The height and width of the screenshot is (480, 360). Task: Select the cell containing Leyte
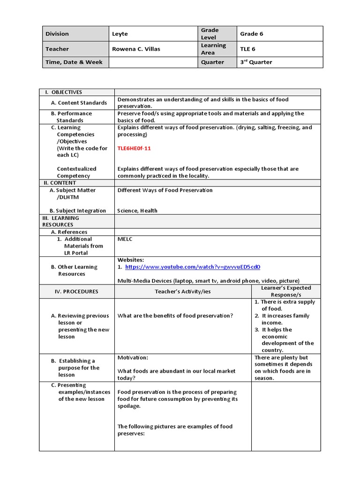tap(120, 34)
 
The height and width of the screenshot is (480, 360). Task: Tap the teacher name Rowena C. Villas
tap(136, 49)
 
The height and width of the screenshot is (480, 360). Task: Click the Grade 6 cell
tap(252, 34)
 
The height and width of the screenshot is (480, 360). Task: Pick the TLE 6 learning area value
tap(248, 49)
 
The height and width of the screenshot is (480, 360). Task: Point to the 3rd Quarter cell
tap(256, 62)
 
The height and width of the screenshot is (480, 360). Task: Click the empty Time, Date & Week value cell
tap(153, 62)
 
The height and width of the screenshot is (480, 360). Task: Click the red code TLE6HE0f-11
tap(134, 148)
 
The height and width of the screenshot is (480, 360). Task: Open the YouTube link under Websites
tap(193, 267)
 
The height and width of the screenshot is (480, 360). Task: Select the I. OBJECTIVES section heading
tap(63, 92)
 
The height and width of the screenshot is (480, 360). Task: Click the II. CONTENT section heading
tap(60, 183)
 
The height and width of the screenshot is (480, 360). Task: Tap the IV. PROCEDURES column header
tap(76, 291)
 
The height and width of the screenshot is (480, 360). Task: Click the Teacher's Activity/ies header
tap(183, 291)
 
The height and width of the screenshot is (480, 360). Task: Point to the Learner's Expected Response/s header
tap(286, 291)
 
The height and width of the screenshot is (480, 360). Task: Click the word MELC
tap(125, 239)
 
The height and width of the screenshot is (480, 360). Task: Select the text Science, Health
tap(137, 210)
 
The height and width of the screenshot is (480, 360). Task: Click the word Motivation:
tap(133, 357)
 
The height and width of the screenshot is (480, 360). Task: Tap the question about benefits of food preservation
tap(175, 315)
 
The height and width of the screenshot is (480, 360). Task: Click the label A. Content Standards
tap(79, 103)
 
